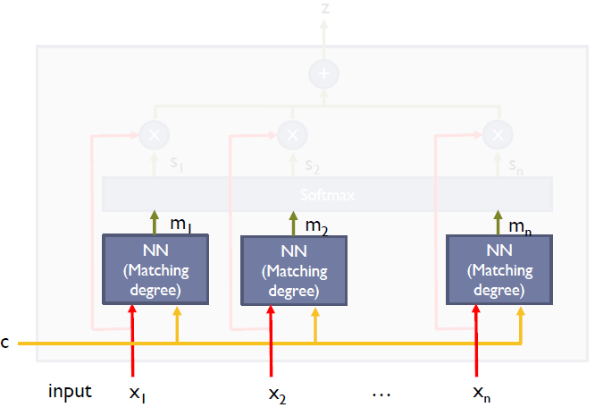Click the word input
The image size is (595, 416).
70,391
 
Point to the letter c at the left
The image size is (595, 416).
5,343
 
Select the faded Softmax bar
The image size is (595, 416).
327,194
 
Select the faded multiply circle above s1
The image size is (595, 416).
154,135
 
